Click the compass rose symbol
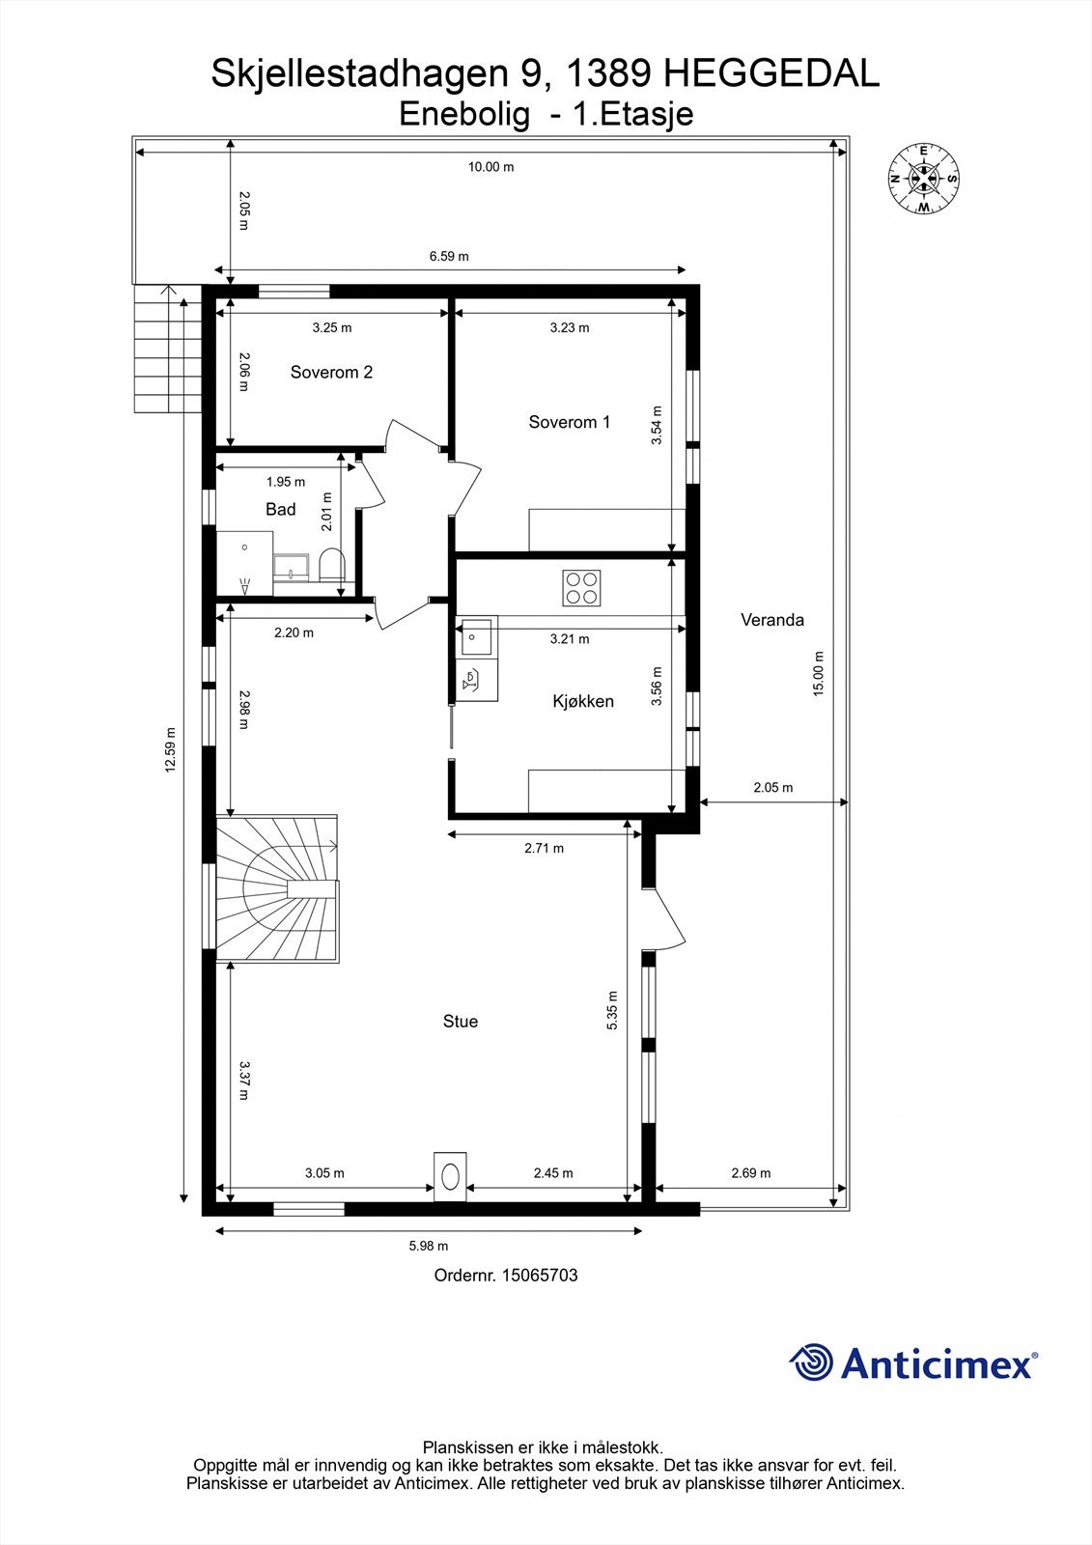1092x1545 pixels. tap(923, 179)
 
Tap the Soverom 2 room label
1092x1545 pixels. tap(331, 373)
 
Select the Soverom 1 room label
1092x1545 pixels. tap(569, 422)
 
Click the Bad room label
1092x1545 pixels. tap(280, 509)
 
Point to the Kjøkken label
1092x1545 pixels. tap(582, 701)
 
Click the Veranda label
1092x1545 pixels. tap(771, 620)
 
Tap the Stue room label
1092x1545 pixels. tap(460, 1022)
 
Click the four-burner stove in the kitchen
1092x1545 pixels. tap(581, 588)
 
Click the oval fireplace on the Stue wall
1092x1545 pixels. tap(450, 1176)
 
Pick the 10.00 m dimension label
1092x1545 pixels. tap(490, 167)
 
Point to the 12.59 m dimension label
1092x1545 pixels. tap(171, 749)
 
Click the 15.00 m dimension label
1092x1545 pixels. tap(818, 673)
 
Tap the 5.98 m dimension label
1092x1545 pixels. tap(428, 1247)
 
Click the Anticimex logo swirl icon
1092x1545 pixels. tap(811, 1362)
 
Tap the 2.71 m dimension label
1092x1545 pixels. tap(544, 849)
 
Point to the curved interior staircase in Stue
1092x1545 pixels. tap(277, 888)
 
